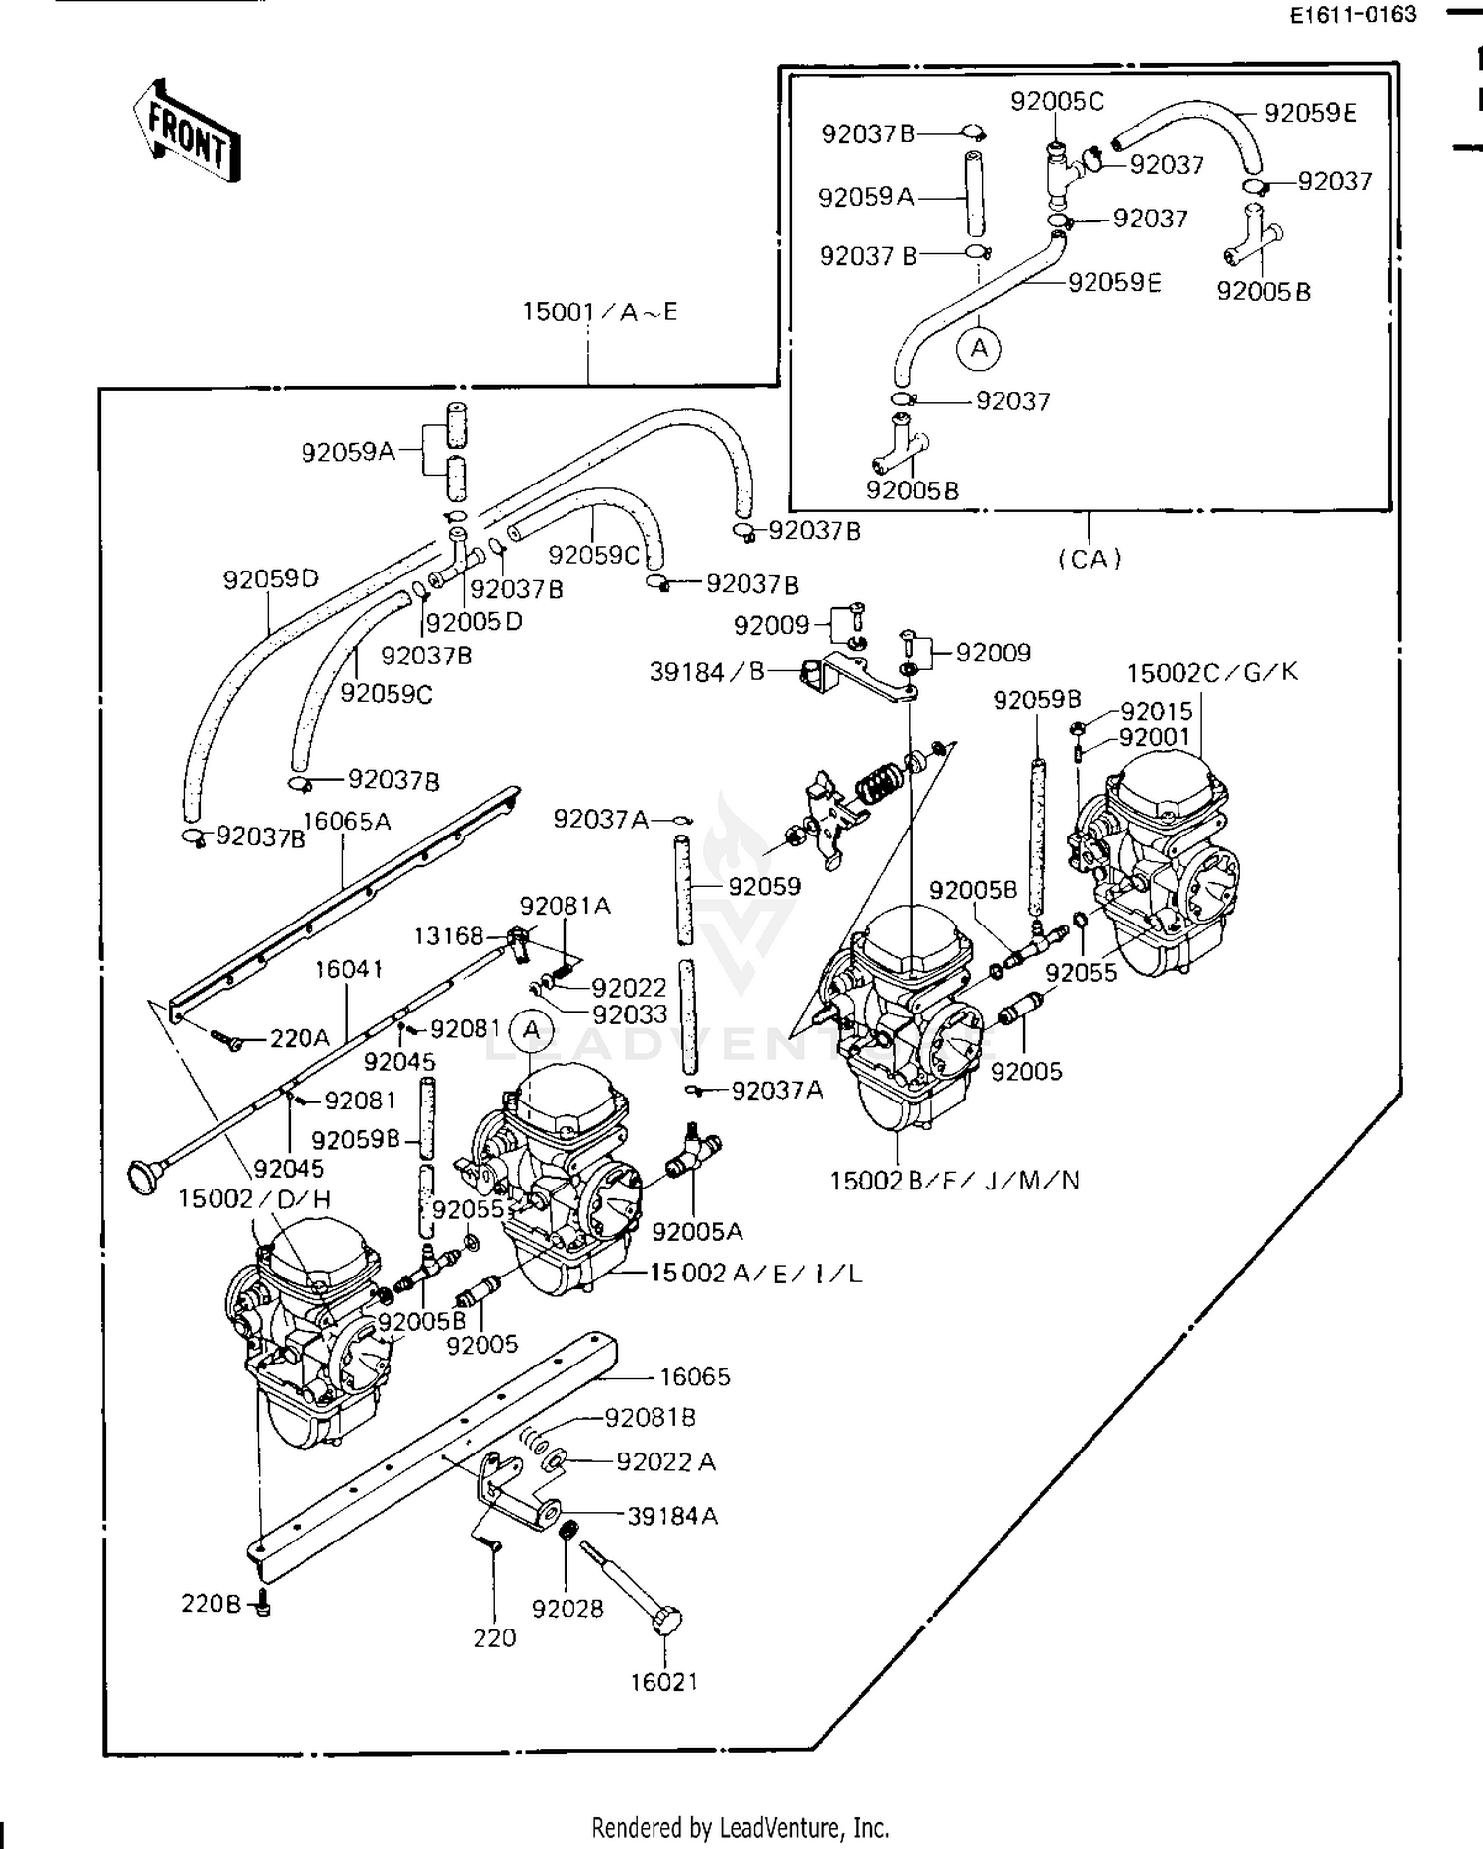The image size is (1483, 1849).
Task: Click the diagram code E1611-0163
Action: (x=1352, y=16)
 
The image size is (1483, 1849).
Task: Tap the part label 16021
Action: (x=664, y=1681)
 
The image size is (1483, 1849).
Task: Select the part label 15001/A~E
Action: (x=600, y=312)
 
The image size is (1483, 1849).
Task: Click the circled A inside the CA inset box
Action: (x=979, y=348)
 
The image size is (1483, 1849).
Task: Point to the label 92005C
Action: (x=1057, y=102)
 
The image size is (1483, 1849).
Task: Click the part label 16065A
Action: (x=347, y=821)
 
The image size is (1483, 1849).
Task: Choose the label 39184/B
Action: (x=707, y=672)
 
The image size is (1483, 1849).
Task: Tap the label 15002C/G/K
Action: (x=1212, y=672)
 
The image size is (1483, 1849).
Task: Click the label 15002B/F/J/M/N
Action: (x=954, y=1180)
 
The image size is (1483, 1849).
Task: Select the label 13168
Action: (x=448, y=935)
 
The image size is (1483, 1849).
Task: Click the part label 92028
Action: (x=567, y=1609)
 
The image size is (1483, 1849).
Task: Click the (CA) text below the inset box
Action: (x=1090, y=559)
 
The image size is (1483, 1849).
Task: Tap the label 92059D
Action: (x=271, y=579)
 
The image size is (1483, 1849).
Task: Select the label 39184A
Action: (x=672, y=1516)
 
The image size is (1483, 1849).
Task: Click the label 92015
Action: (x=1156, y=711)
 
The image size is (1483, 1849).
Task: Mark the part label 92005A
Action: (x=697, y=1231)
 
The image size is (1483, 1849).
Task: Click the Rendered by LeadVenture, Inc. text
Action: (x=741, y=1827)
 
